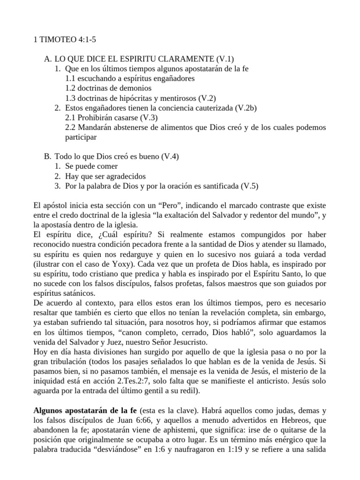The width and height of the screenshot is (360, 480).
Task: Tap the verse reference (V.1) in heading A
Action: pos(225,59)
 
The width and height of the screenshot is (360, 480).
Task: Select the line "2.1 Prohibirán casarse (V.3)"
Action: pos(112,117)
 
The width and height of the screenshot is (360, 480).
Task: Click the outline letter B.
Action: pos(46,157)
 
